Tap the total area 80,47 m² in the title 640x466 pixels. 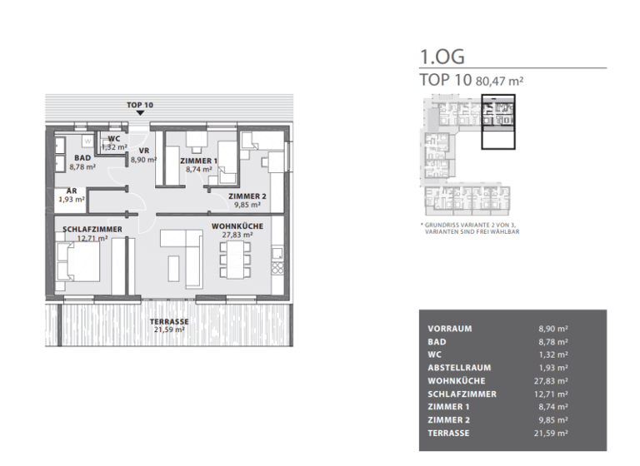tap(499, 81)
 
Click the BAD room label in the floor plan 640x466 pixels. tap(82, 157)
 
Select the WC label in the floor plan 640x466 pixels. tap(114, 139)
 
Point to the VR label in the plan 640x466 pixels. tap(143, 151)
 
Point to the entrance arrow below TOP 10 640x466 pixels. tap(139, 114)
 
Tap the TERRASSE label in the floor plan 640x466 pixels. tap(168, 321)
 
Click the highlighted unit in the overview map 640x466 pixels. tap(498, 121)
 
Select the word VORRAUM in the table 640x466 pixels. tap(449, 328)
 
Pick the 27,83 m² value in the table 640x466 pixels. tap(553, 381)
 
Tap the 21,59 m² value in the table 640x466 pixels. tap(553, 434)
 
